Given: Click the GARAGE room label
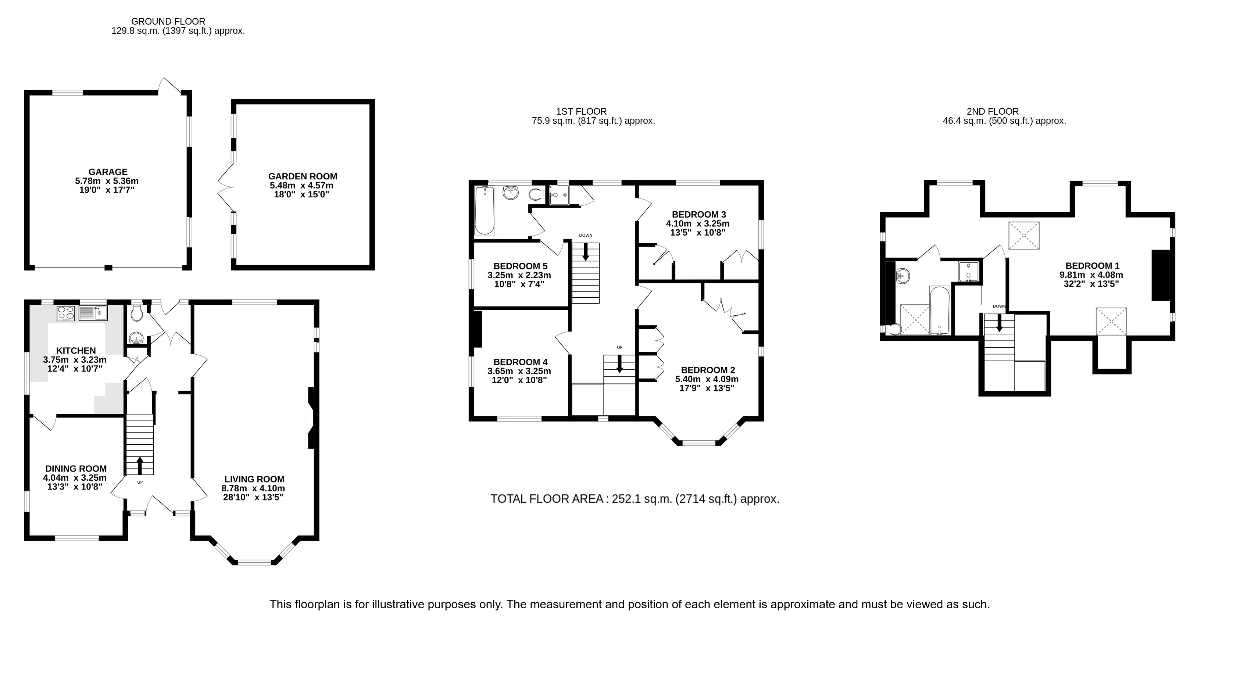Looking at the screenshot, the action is (108, 172).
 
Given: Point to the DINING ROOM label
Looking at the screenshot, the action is (76, 469).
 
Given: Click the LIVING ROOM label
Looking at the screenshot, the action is (254, 479).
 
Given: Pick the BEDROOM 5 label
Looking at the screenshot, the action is (520, 266).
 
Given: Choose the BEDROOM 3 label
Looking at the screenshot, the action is (699, 215).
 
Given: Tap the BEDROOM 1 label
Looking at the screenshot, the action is (1092, 266).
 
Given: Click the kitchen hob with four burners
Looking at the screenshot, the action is (65, 313).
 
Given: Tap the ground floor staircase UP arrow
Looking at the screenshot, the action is (140, 465).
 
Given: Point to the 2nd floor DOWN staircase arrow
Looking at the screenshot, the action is (999, 322).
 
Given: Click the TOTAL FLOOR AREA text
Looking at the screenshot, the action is (635, 499).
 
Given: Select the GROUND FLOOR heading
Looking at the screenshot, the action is (168, 22).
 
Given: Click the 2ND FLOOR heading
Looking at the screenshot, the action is (993, 112).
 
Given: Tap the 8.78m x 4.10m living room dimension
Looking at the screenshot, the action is (253, 488).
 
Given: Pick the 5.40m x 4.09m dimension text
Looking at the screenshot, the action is (707, 379).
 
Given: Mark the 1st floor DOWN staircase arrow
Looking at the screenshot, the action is (586, 252).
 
